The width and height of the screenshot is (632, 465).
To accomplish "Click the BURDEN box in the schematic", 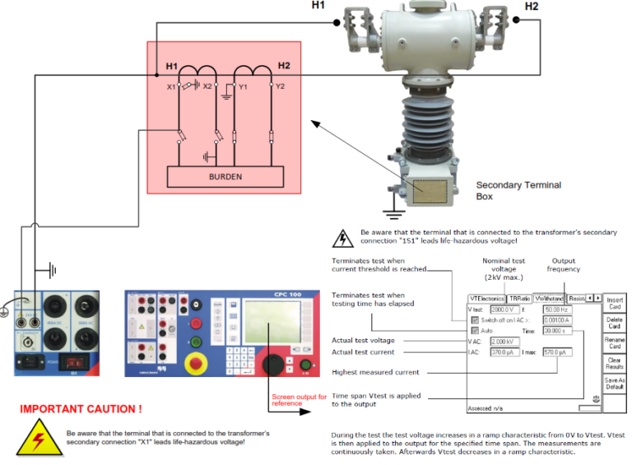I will [x=225, y=176].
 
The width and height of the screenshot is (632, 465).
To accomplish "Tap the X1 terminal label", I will [x=170, y=86].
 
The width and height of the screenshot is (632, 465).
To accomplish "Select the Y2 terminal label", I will [x=281, y=86].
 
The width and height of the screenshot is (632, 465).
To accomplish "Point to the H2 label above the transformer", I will [x=531, y=7].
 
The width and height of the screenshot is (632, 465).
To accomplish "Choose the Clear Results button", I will [x=615, y=363].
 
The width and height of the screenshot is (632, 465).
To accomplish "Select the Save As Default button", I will [x=615, y=384].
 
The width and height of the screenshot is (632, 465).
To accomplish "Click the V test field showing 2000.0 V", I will [x=503, y=309].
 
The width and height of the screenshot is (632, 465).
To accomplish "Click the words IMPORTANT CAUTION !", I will [x=80, y=409].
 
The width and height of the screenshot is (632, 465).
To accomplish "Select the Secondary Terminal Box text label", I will [x=518, y=191].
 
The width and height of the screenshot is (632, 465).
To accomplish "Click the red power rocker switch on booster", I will [x=77, y=360].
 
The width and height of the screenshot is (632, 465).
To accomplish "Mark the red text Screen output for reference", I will [x=299, y=399].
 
